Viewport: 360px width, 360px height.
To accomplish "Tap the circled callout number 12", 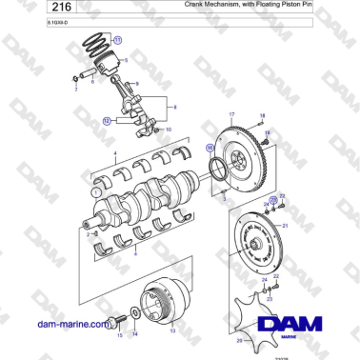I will click(x=108, y=121).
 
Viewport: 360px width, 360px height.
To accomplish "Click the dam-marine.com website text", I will click(x=70, y=324).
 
